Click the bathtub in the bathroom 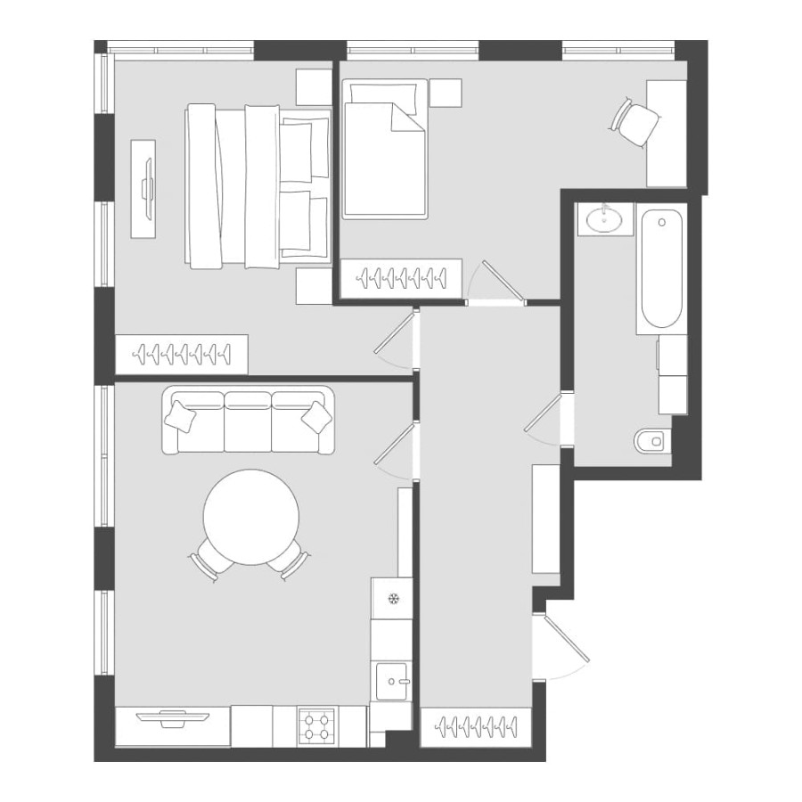661,269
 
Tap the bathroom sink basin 605,218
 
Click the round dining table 251,518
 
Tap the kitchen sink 391,683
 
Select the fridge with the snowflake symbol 391,597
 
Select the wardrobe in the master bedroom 182,355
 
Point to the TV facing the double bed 144,187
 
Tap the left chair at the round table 204,562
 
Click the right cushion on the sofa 315,415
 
